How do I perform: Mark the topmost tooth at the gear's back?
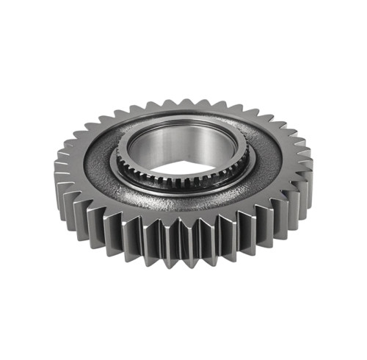pyautogui.click(x=183, y=103)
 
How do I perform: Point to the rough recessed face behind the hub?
pyautogui.click(x=183, y=118)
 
